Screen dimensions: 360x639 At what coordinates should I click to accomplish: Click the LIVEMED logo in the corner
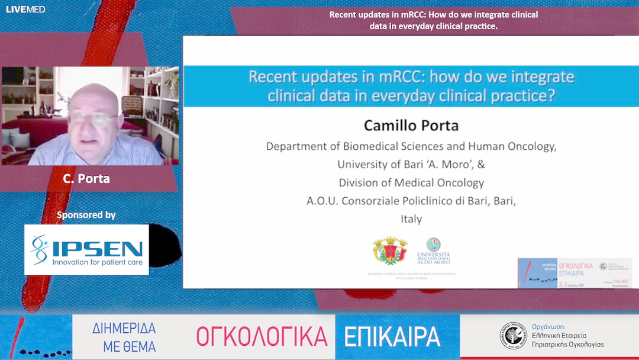25,9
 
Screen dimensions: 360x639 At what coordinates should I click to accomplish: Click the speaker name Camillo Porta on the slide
411,126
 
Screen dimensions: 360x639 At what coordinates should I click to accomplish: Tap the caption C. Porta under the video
86,178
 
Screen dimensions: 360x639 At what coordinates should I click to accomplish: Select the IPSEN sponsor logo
86,249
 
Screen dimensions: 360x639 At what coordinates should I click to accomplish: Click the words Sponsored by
86,215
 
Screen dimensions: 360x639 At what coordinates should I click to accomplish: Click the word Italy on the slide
411,219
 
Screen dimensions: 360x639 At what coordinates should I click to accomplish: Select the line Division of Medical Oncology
411,183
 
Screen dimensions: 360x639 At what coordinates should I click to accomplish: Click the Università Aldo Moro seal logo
433,250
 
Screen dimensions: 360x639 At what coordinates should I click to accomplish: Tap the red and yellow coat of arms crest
390,251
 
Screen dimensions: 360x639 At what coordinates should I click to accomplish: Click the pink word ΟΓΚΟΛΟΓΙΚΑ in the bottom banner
262,337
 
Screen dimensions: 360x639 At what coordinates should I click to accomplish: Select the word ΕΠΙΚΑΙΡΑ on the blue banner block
392,337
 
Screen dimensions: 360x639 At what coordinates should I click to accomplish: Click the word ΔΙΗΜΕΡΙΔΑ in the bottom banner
124,329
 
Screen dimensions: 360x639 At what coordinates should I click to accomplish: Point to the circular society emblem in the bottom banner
512,336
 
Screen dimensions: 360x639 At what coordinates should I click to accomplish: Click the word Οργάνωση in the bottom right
548,326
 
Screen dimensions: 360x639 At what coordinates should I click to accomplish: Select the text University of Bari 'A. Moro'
411,165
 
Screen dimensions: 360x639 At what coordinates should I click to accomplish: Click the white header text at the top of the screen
433,20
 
